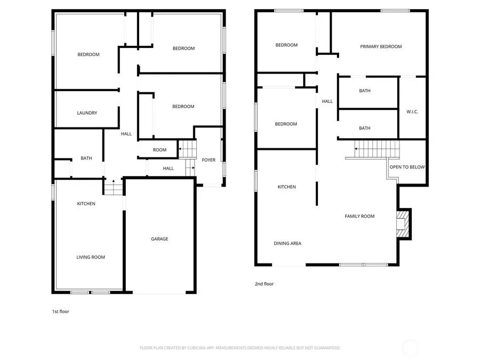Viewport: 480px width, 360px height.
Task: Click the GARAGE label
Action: pyautogui.click(x=159, y=239)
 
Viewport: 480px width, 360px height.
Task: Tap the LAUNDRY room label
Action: pyautogui.click(x=87, y=113)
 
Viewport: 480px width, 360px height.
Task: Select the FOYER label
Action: pyautogui.click(x=209, y=160)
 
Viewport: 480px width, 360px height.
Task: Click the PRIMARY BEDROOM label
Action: pyautogui.click(x=381, y=46)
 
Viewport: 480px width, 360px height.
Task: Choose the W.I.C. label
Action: pyautogui.click(x=412, y=111)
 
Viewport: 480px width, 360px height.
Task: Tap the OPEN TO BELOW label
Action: pyautogui.click(x=407, y=167)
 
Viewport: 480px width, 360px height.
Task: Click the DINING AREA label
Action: pyautogui.click(x=287, y=244)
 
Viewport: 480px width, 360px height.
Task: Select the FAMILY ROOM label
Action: pyautogui.click(x=359, y=216)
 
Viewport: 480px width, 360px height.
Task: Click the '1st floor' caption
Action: pyautogui.click(x=60, y=311)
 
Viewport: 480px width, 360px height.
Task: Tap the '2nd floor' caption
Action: pyautogui.click(x=264, y=284)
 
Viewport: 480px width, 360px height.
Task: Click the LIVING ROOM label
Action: pyautogui.click(x=91, y=257)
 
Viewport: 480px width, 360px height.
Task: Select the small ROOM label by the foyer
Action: pyautogui.click(x=159, y=150)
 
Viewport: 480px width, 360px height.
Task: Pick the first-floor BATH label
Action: pyautogui.click(x=86, y=158)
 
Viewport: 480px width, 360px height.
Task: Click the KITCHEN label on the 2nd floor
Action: pyautogui.click(x=286, y=187)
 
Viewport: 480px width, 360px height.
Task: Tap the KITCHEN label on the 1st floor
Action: pyautogui.click(x=86, y=204)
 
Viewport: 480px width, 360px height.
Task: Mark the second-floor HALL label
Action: pyautogui.click(x=327, y=101)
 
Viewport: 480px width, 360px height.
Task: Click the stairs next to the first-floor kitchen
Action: pyautogui.click(x=113, y=187)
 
